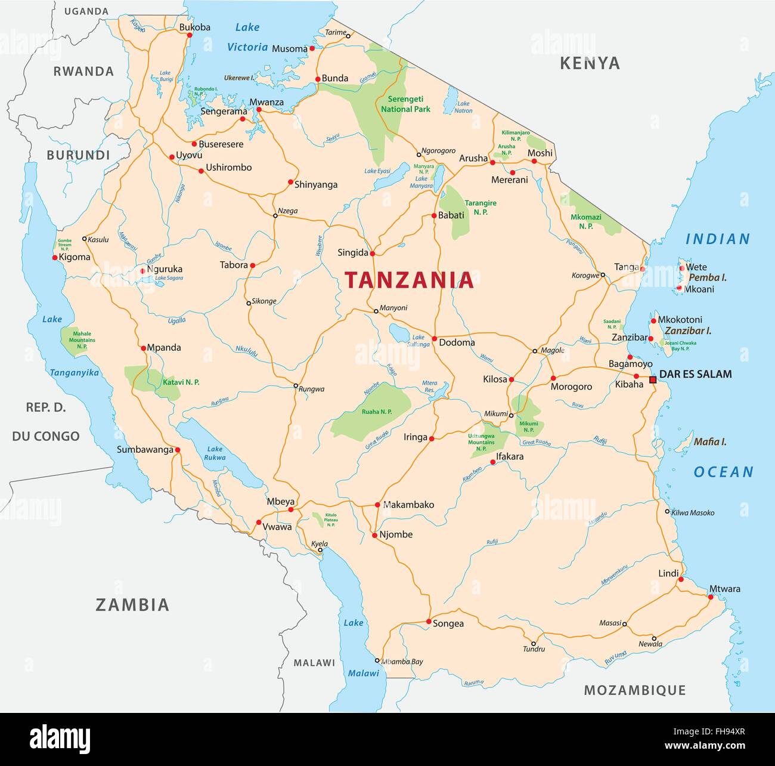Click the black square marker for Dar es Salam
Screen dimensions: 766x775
[653, 379]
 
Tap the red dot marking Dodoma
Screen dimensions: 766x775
[434, 338]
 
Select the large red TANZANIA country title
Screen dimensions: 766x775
[410, 280]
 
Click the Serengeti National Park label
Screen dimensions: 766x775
[405, 104]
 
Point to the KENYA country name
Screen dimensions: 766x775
[590, 63]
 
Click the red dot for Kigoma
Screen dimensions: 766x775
[55, 258]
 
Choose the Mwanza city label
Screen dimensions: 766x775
[266, 102]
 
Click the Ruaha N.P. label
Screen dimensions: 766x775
[377, 412]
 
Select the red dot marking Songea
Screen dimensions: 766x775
[429, 622]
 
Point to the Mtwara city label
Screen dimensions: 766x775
[724, 589]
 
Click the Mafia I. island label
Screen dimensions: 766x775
[709, 442]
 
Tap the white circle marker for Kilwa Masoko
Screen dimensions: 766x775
[668, 511]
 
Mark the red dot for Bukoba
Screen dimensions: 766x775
[190, 35]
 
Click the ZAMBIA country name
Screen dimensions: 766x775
[132, 605]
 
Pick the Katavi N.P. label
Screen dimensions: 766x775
[181, 382]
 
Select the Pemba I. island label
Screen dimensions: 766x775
[708, 277]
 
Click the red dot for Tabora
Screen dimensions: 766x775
[252, 265]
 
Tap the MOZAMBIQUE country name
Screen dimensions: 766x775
[634, 690]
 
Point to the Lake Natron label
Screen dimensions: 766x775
[463, 107]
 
